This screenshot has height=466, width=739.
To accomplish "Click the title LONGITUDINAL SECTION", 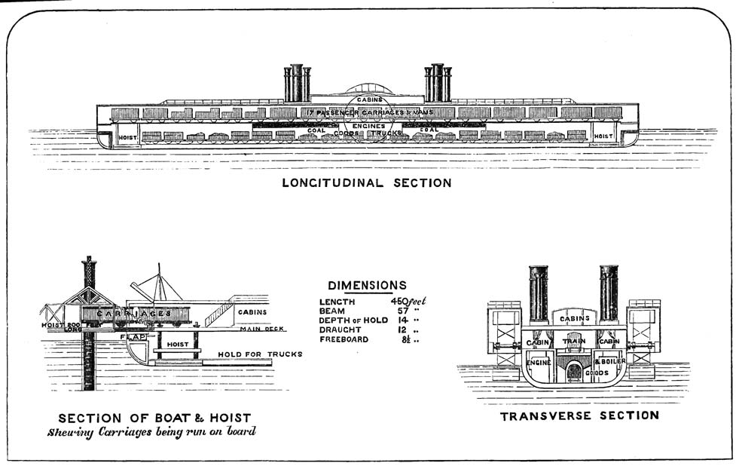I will [367, 182].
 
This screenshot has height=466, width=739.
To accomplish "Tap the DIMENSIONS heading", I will [367, 286].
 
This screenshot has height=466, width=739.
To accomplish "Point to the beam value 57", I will [403, 311].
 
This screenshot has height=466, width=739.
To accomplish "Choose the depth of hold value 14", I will [403, 320].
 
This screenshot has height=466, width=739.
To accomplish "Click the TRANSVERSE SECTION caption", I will [579, 415].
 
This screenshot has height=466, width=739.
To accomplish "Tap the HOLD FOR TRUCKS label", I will [260, 354].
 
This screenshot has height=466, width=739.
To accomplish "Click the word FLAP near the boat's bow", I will [133, 337].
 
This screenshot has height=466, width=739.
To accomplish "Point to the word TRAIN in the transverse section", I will [574, 342].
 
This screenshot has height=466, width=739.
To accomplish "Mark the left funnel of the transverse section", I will [538, 293].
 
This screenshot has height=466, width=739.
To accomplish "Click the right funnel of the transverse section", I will [609, 293].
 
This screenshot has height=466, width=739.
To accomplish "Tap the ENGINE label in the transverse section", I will [539, 363].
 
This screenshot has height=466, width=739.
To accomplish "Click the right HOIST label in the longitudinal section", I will [604, 136].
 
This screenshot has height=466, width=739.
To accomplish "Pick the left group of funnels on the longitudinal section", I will [297, 82].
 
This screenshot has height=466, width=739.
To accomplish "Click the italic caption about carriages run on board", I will [152, 433].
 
